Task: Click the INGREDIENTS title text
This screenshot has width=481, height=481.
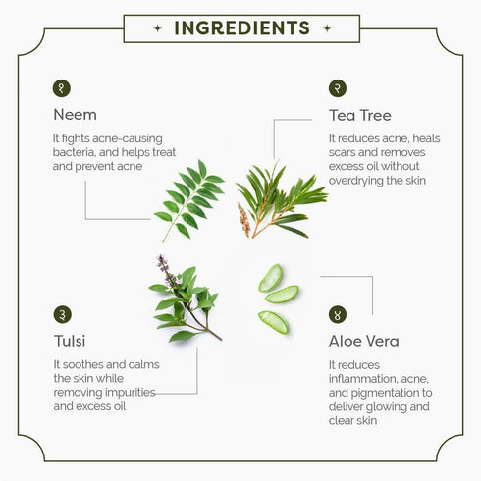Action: (x=241, y=28)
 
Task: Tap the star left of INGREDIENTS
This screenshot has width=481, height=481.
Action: (x=158, y=28)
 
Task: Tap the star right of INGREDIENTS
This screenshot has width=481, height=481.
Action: (x=327, y=28)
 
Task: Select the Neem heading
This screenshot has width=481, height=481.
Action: (x=76, y=115)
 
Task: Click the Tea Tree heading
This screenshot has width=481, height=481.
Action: (x=360, y=115)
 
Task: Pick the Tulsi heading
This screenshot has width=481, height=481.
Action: (x=70, y=341)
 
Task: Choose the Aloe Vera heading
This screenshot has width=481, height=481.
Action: (x=364, y=341)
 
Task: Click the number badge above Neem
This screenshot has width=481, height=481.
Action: (x=62, y=88)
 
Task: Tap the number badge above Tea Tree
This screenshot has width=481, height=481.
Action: (x=338, y=88)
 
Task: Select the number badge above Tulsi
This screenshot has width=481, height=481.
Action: (x=62, y=314)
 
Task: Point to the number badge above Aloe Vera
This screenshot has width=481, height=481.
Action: (x=338, y=314)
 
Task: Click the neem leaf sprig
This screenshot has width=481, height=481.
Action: (x=189, y=200)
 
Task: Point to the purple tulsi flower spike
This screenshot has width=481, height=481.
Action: (x=166, y=271)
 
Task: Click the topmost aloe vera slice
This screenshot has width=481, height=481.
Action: (x=270, y=278)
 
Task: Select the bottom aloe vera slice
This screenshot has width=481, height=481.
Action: (x=274, y=322)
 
